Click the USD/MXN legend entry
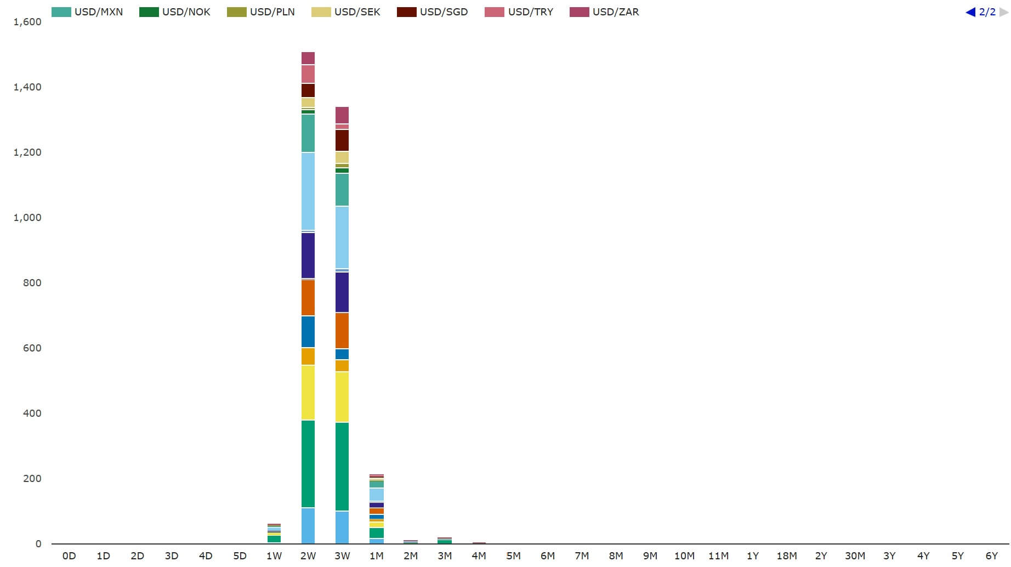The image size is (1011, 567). (88, 12)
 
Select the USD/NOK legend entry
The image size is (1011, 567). (175, 12)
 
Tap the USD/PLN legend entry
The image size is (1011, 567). (262, 12)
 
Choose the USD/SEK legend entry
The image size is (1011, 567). (347, 12)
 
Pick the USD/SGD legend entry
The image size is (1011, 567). (433, 12)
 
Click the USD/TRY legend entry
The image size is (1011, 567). (520, 12)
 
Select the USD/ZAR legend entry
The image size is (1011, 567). (605, 12)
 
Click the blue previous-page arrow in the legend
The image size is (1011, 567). (970, 12)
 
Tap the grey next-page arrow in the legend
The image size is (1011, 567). (1004, 12)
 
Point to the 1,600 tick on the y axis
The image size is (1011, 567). (27, 22)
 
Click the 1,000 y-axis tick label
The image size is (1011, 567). (27, 218)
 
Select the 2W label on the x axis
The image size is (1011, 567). (308, 556)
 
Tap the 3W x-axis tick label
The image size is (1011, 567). (342, 556)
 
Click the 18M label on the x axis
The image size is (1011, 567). (787, 556)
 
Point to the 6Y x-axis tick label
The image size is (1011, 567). (992, 556)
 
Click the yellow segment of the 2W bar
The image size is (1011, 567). (308, 393)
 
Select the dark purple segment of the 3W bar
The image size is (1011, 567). (342, 292)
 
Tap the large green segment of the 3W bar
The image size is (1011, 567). (342, 466)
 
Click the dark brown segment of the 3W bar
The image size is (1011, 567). (342, 140)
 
